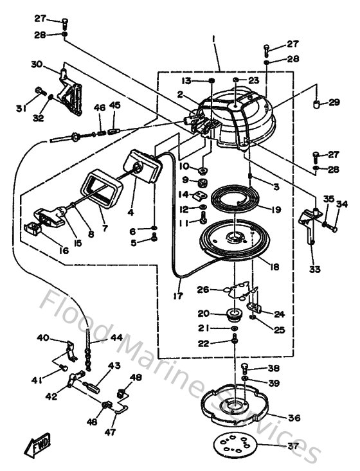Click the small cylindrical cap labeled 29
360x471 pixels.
[316, 103]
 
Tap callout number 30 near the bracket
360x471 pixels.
[36, 64]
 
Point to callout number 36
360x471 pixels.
[294, 418]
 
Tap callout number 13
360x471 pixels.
[186, 80]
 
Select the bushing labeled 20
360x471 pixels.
[233, 315]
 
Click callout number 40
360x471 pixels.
[42, 337]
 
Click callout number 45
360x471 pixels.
[115, 105]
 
